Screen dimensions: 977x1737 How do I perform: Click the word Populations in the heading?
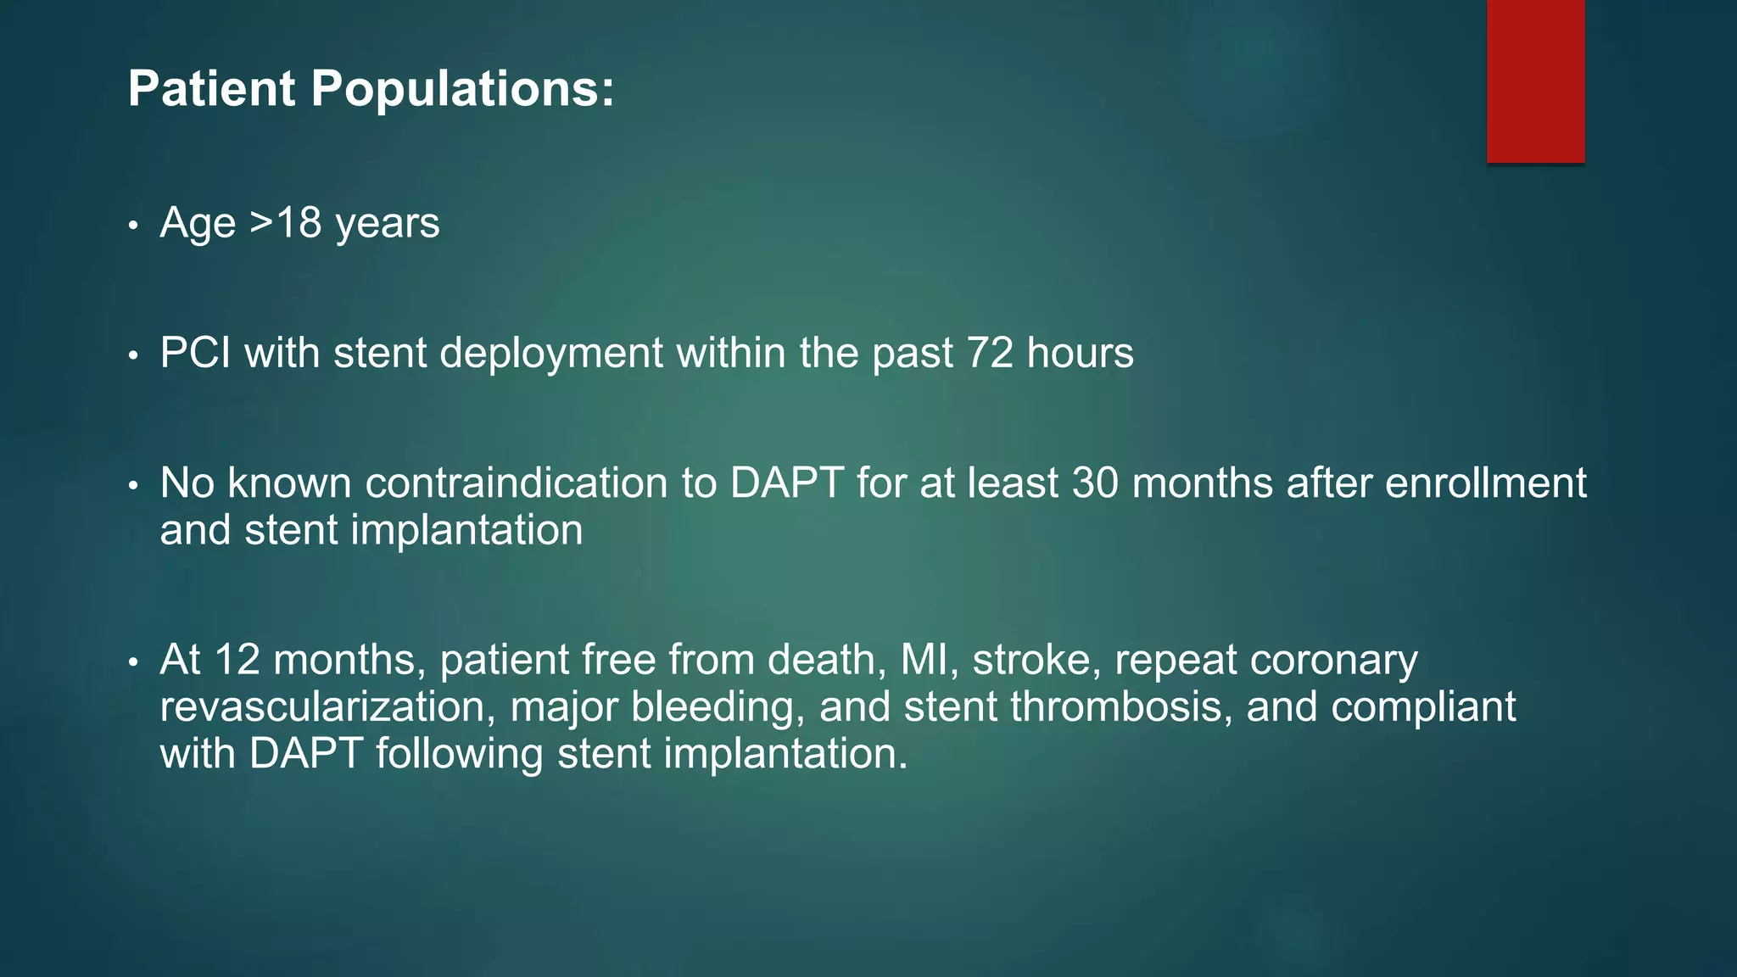pyautogui.click(x=462, y=89)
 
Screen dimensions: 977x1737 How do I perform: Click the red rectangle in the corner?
pyautogui.click(x=1535, y=81)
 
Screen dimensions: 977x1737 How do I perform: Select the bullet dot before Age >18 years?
pyautogui.click(x=133, y=226)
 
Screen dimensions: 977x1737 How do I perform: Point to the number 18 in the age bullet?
pyautogui.click(x=299, y=223)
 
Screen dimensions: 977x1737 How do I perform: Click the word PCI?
pyautogui.click(x=195, y=353)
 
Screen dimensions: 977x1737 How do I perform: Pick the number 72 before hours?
pyautogui.click(x=990, y=353)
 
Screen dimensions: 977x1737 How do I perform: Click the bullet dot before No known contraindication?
pyautogui.click(x=133, y=486)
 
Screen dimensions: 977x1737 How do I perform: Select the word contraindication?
pyautogui.click(x=517, y=483)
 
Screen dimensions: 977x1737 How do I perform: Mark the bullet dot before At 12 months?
pyautogui.click(x=133, y=662)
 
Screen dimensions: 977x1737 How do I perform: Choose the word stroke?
pyautogui.click(x=1030, y=660)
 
